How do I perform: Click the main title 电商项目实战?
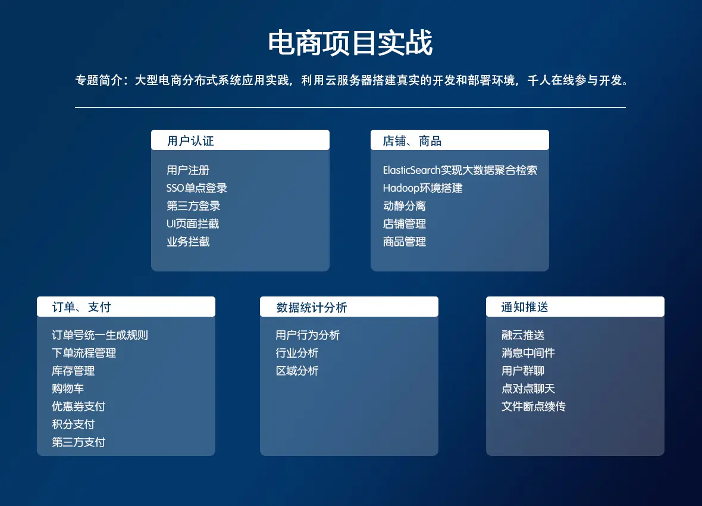coord(350,43)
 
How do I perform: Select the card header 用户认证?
coord(191,140)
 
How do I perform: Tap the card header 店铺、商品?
coord(412,140)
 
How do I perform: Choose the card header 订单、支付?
coord(81,307)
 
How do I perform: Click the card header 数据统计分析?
coord(312,307)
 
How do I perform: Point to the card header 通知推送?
coord(525,307)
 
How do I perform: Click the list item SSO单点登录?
coord(196,188)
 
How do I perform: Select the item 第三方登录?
coord(193,206)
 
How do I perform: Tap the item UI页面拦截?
coord(193,224)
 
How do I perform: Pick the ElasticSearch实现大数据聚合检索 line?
coord(460,170)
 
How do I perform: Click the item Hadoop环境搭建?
coord(422,188)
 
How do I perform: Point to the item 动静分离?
coord(405,206)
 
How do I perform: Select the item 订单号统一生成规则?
coord(100,335)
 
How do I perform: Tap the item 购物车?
coord(68,389)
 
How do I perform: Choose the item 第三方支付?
coord(79,442)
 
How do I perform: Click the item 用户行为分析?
coord(308,335)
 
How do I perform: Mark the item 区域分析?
coord(297,371)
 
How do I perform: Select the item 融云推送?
coord(523,335)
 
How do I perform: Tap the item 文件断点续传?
coord(533,407)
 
